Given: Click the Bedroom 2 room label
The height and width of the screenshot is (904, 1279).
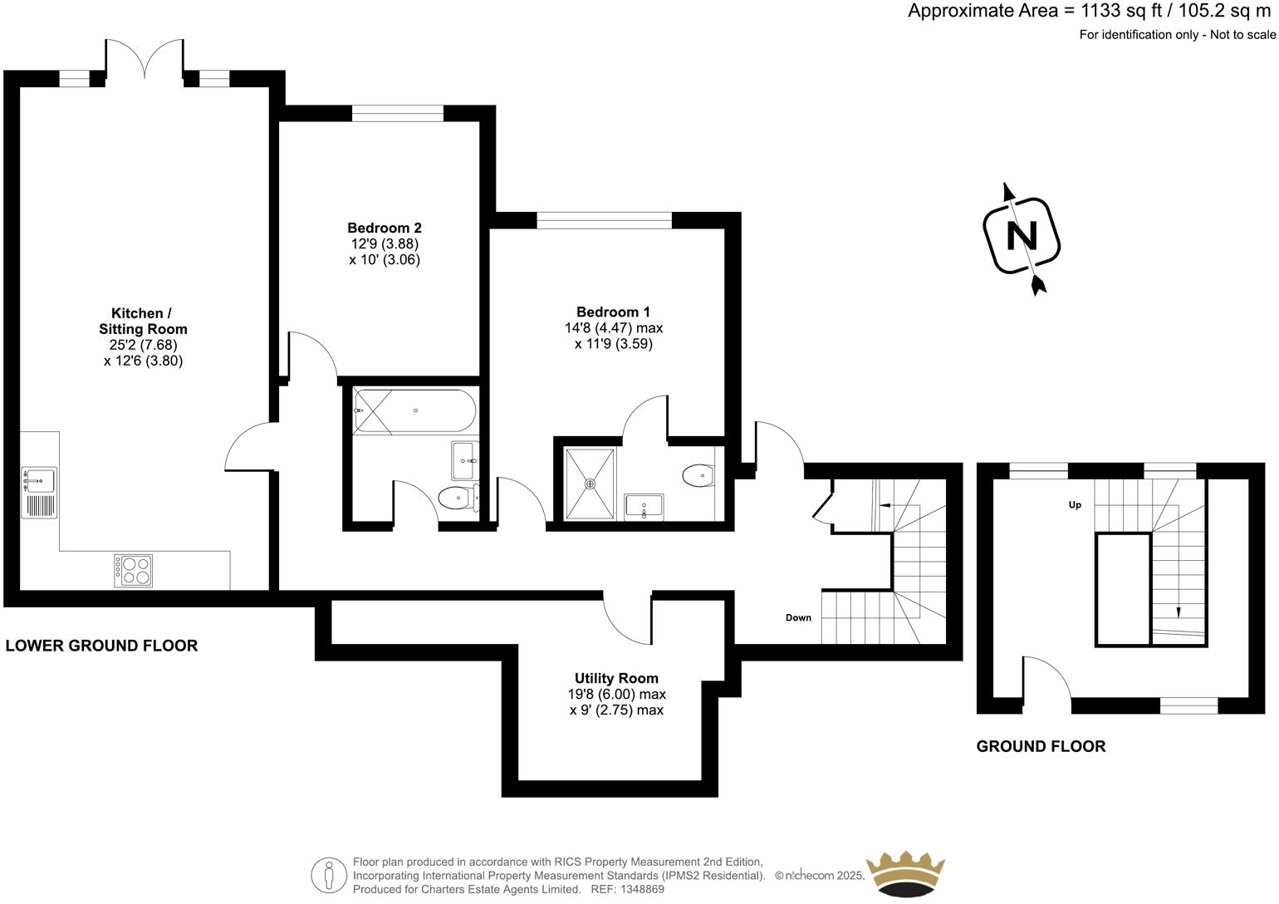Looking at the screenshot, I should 384,228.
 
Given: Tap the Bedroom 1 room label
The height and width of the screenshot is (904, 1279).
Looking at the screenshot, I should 613,312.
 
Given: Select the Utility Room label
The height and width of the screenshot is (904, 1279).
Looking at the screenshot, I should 616,678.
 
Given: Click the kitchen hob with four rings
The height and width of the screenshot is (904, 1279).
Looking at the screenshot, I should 134,570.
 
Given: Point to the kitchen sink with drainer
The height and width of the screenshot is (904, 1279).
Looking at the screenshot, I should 39,493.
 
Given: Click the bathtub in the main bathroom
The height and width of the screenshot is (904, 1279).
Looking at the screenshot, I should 414,411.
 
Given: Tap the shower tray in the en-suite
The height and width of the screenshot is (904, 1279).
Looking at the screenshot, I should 590,483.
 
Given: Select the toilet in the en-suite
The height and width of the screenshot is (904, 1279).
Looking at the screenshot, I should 698,476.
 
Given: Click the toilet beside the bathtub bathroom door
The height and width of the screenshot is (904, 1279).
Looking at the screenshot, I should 456,499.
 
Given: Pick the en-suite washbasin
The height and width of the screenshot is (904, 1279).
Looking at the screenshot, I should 644,505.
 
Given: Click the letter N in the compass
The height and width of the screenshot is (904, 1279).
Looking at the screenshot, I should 1022,236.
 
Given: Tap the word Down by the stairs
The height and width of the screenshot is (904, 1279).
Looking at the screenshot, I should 798,618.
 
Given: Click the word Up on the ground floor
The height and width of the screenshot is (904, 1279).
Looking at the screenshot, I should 1075,505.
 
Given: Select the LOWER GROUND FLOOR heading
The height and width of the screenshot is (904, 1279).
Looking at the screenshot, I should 101,646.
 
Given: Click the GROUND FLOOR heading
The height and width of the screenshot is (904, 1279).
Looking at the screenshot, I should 1041,746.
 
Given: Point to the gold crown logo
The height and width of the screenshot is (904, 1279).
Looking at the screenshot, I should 905,875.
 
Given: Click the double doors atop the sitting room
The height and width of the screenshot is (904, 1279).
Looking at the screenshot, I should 145,60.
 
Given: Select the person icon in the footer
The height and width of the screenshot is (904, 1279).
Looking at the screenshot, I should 329,875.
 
